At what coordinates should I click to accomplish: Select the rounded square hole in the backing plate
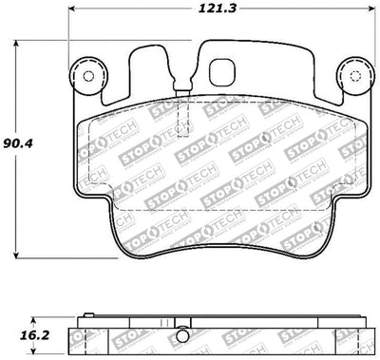point(225,72)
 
